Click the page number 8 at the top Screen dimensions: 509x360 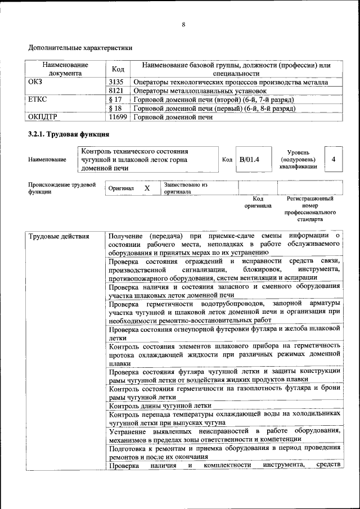[183, 24]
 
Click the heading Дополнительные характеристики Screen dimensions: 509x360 [80, 48]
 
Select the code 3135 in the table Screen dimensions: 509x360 [116, 82]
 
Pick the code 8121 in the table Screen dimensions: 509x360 [116, 91]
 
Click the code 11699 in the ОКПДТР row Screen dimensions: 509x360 [118, 118]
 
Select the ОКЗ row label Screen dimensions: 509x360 [35, 82]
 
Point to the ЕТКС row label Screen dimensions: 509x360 [38, 100]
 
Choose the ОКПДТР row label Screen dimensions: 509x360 [43, 118]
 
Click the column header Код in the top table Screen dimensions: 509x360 [118, 69]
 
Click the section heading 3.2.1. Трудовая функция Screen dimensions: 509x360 [68, 134]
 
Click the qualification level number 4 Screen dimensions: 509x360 [334, 160]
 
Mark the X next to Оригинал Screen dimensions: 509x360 [146, 188]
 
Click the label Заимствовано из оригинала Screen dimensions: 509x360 [186, 188]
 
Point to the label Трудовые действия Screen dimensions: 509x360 [59, 236]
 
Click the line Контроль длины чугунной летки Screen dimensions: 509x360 [160, 406]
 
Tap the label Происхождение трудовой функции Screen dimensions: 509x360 [62, 188]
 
